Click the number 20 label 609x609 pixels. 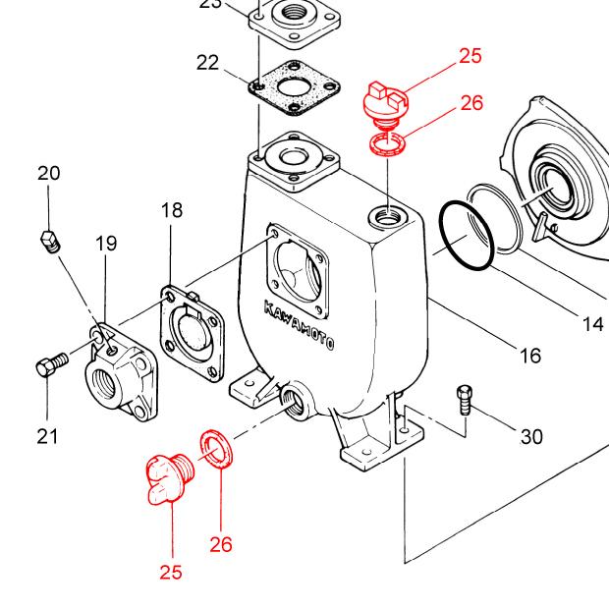click(x=49, y=174)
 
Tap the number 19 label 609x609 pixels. click(x=107, y=244)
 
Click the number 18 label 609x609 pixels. click(x=172, y=210)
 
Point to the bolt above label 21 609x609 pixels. click(x=49, y=364)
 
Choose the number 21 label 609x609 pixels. click(x=48, y=436)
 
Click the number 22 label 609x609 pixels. click(x=207, y=63)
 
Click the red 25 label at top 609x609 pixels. click(x=471, y=55)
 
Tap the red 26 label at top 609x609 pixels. click(x=471, y=102)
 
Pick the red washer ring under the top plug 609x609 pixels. click(x=390, y=147)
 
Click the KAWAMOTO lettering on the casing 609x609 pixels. click(x=300, y=325)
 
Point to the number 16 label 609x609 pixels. click(x=530, y=355)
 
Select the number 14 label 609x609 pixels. click(x=592, y=324)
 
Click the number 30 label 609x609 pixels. click(x=531, y=436)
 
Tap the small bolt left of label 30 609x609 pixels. click(x=466, y=399)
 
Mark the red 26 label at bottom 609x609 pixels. click(x=221, y=542)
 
